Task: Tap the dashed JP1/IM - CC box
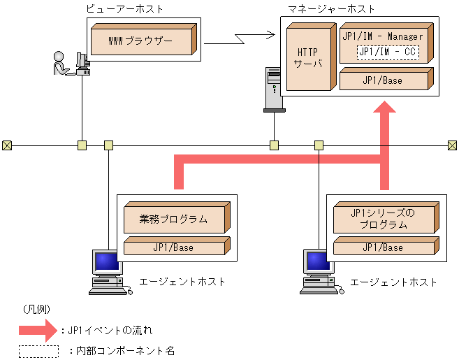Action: coord(388,51)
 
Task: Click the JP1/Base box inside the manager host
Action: coord(381,80)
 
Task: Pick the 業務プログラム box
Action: coord(174,219)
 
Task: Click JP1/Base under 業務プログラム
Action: coord(173,247)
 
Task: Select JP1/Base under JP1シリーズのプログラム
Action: coord(384,247)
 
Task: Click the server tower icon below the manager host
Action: coord(273,89)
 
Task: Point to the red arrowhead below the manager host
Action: coord(384,112)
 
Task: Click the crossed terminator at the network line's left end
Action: coord(7,145)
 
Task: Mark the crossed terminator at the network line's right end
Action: coord(453,145)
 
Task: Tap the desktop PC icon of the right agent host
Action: coord(319,269)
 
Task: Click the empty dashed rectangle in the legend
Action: coord(38,351)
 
